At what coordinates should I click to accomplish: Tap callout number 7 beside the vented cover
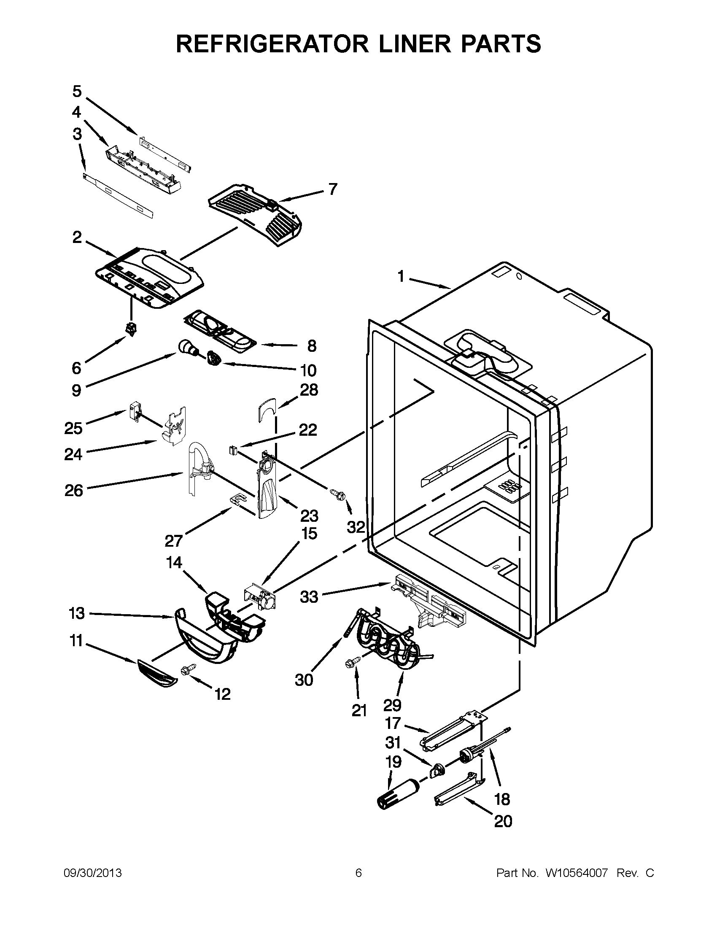(333, 189)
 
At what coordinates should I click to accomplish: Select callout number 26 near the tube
(73, 491)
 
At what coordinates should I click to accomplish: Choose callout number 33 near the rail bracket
(309, 597)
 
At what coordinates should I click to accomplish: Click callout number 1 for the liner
(401, 277)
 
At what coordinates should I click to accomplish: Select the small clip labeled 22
(233, 450)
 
